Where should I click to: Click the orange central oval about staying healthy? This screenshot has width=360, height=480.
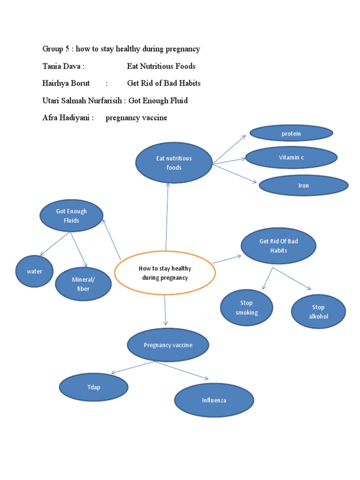tap(165, 273)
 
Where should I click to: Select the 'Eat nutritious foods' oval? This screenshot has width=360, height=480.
tap(174, 163)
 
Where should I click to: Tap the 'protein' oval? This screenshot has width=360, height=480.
tap(291, 134)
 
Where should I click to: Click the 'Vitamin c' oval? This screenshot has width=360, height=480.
tap(291, 157)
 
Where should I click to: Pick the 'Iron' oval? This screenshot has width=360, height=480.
tap(304, 186)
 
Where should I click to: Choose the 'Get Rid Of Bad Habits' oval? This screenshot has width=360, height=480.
tap(278, 246)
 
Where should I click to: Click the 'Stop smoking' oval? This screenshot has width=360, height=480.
tap(247, 307)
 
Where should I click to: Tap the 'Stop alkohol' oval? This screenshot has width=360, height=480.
tap(318, 312)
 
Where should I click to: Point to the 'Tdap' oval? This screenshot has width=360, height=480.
tap(94, 387)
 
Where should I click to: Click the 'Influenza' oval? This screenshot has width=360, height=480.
tap(214, 400)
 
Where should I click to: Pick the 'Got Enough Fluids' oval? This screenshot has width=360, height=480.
tap(71, 216)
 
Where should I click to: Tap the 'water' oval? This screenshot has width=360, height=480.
tap(35, 271)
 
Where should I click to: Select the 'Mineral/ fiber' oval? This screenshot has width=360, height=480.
tap(83, 284)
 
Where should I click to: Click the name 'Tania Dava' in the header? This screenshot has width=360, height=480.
tap(63, 66)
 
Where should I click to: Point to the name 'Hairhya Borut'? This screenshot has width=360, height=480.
tap(66, 83)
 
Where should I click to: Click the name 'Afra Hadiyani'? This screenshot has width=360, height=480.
tap(67, 118)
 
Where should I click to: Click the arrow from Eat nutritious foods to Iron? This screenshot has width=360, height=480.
tap(234, 173)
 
